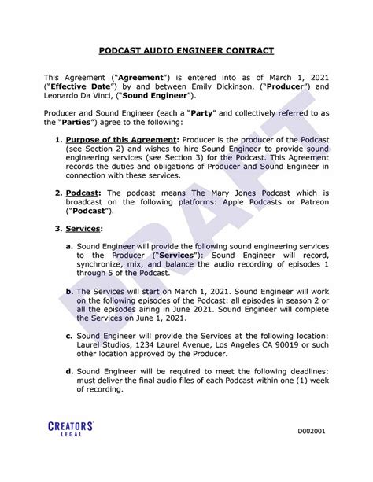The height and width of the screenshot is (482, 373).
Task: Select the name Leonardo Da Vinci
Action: coord(78,95)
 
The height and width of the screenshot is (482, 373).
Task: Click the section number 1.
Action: coord(58,140)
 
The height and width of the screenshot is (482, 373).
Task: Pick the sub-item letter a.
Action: coord(70,246)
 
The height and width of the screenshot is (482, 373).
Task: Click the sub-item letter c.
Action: coord(70,334)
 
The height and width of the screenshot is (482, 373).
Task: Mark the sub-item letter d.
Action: coord(70,370)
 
